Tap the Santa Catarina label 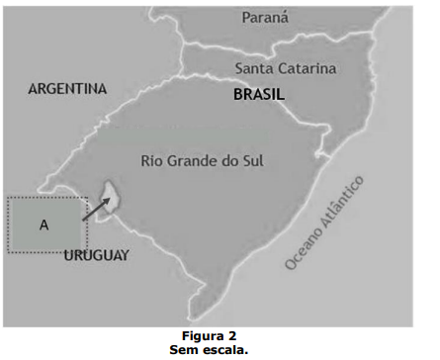click(286, 68)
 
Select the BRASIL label click(259, 95)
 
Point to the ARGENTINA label click(67, 89)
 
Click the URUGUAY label click(96, 256)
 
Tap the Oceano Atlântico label click(324, 223)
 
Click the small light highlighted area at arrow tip click(112, 196)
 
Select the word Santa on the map click(254, 68)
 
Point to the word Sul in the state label click(262, 160)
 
